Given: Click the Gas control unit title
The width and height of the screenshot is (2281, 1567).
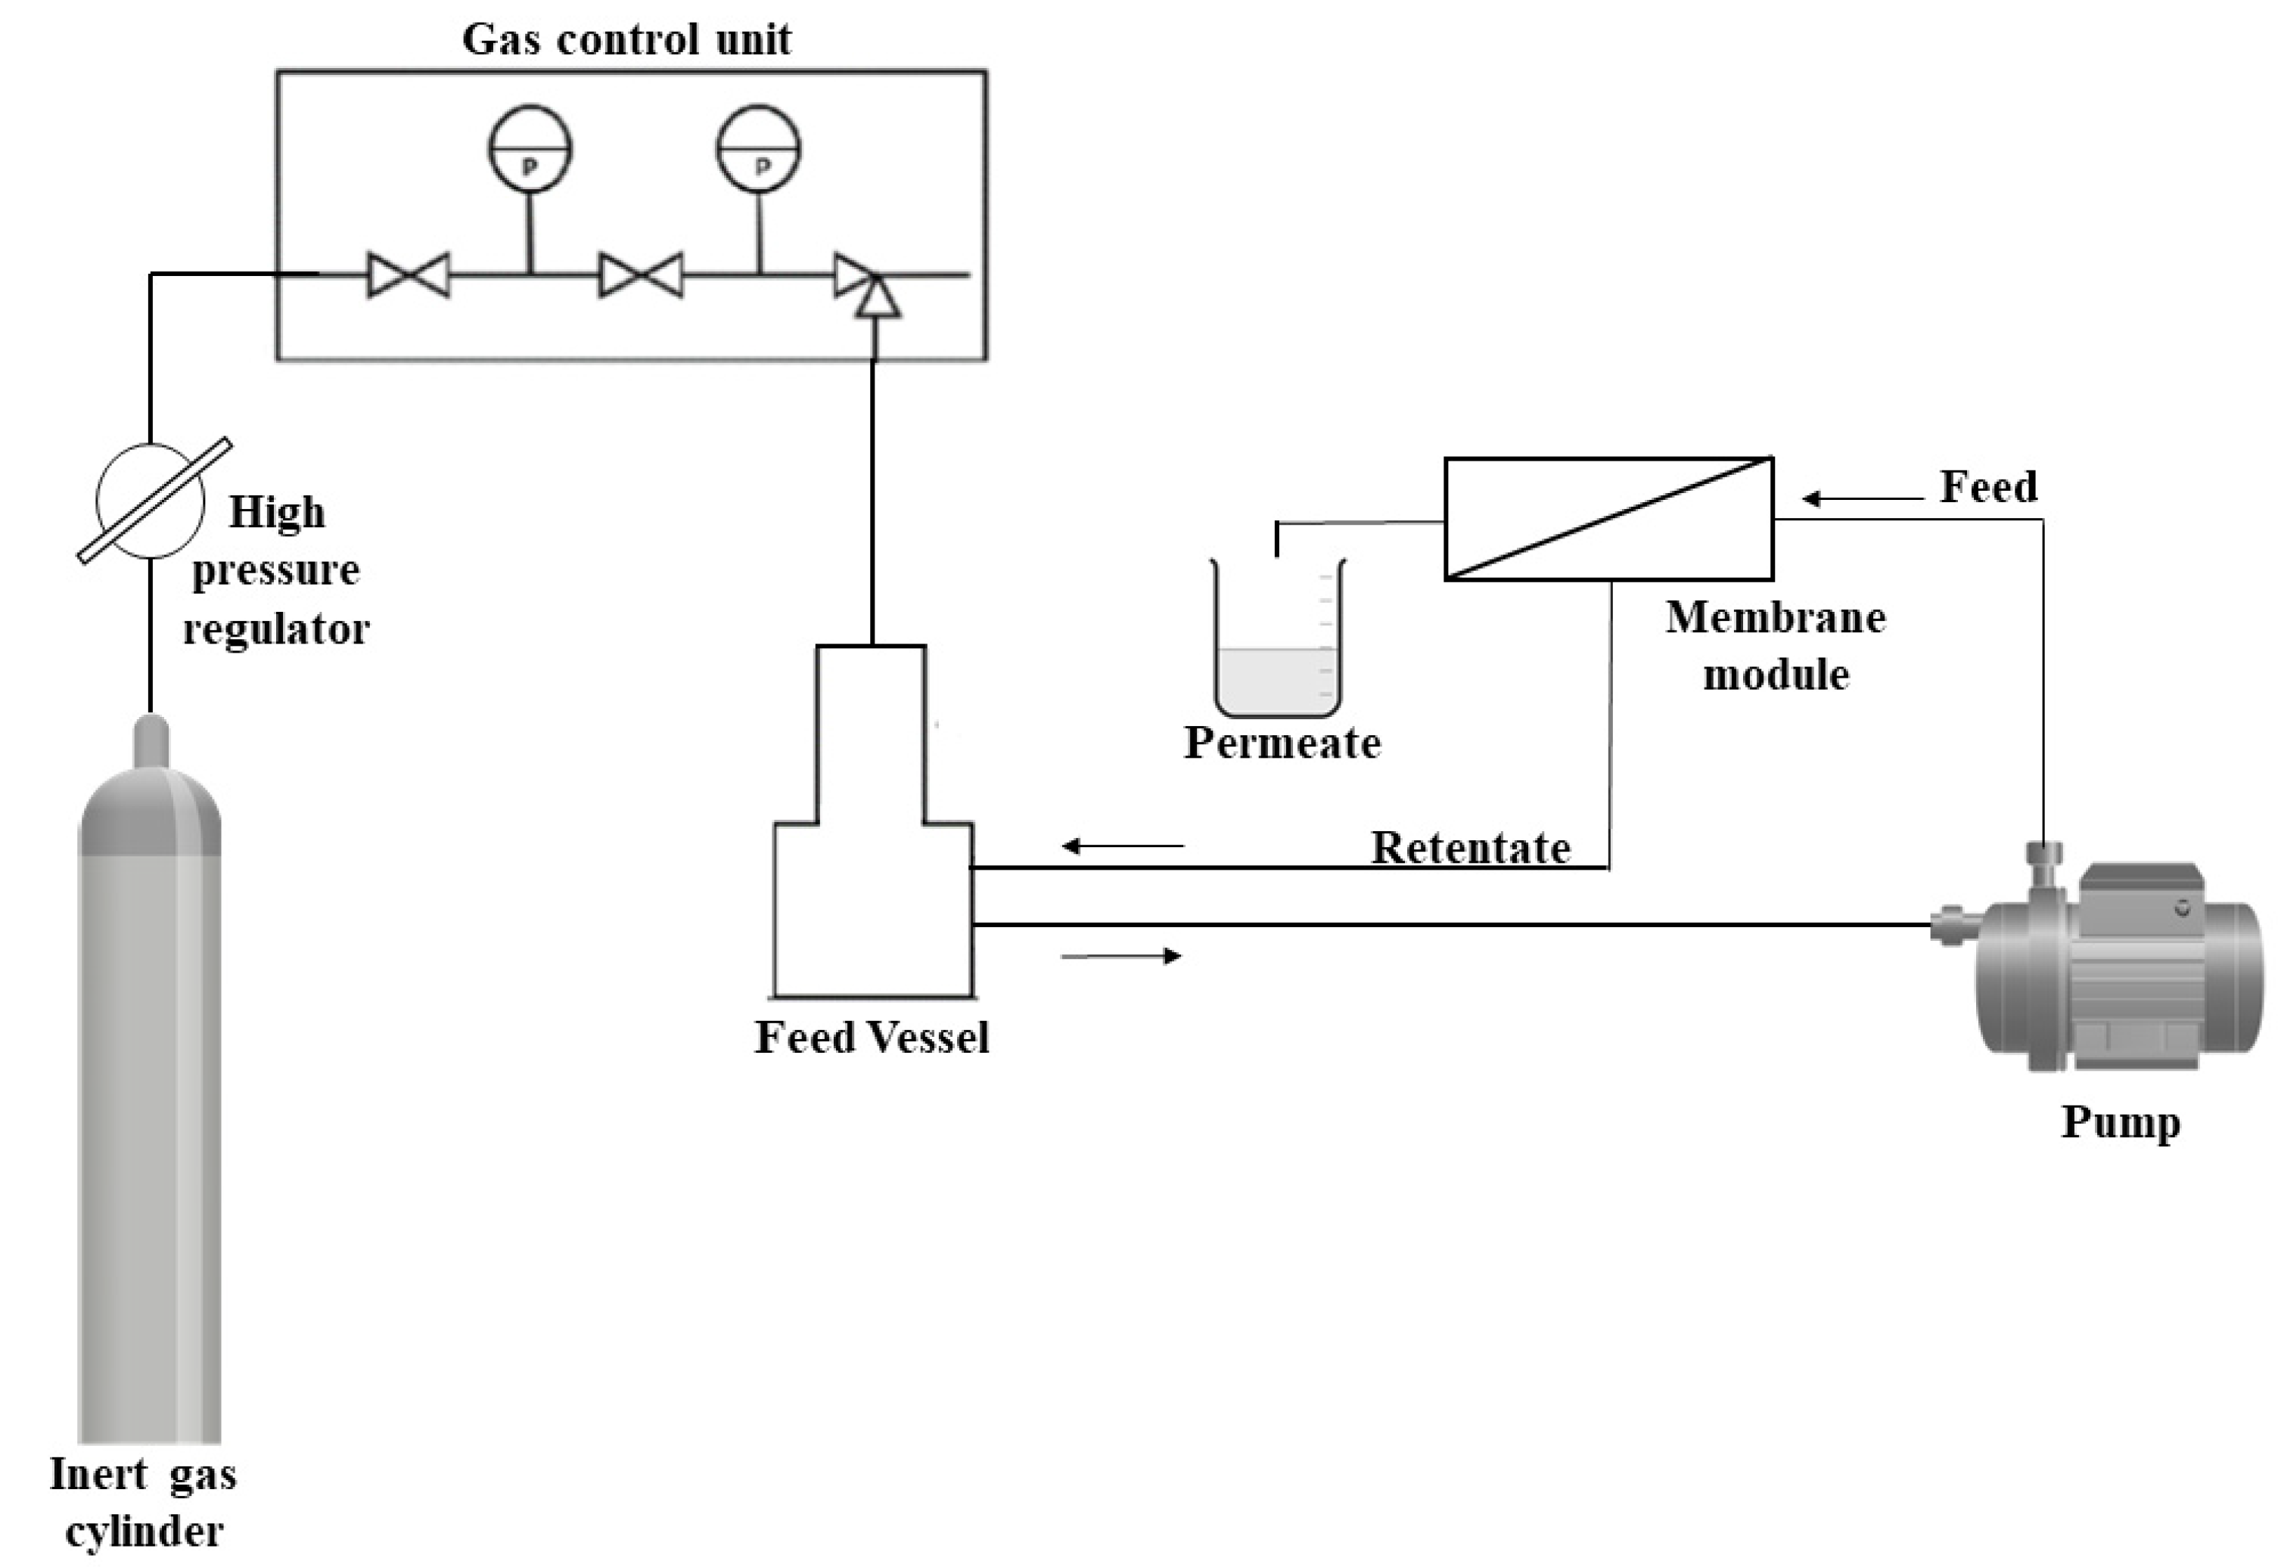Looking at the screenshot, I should (x=626, y=40).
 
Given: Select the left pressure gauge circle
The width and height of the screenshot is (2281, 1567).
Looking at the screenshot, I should (x=530, y=148).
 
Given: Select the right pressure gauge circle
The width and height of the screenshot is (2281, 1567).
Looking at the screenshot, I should (x=759, y=148).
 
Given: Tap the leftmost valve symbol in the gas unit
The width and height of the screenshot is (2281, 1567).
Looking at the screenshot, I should (x=409, y=275).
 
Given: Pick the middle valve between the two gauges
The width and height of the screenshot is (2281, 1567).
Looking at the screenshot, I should (x=642, y=275).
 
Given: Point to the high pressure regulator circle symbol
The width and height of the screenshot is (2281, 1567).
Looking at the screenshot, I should (x=151, y=501).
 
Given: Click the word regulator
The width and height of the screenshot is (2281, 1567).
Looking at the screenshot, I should (x=276, y=629).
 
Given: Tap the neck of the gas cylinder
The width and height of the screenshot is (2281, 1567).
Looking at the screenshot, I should (x=151, y=740).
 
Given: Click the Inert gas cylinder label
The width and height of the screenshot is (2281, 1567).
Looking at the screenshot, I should (x=143, y=1502).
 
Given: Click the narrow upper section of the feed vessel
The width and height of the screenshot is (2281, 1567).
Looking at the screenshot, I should (x=871, y=732).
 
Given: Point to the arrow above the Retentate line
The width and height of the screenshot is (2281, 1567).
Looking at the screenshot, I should (x=1123, y=846).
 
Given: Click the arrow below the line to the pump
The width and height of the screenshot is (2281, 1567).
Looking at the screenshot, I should (x=1121, y=955).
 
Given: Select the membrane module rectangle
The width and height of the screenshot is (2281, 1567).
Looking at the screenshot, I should (x=1608, y=518).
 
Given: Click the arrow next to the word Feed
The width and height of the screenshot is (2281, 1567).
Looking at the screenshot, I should (x=1862, y=499).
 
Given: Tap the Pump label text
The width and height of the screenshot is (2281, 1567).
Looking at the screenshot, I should (x=2120, y=1122).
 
